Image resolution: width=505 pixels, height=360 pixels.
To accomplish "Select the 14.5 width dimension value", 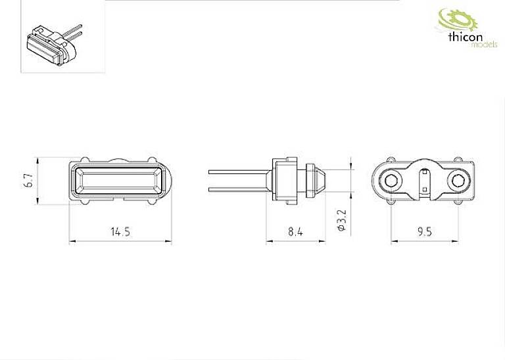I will tap(120, 231).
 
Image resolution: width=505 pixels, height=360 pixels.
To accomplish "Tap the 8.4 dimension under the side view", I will tap(295, 231).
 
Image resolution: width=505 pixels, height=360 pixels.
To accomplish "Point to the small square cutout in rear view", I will tap(425, 191).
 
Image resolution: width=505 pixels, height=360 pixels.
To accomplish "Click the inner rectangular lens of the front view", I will tap(118, 181).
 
